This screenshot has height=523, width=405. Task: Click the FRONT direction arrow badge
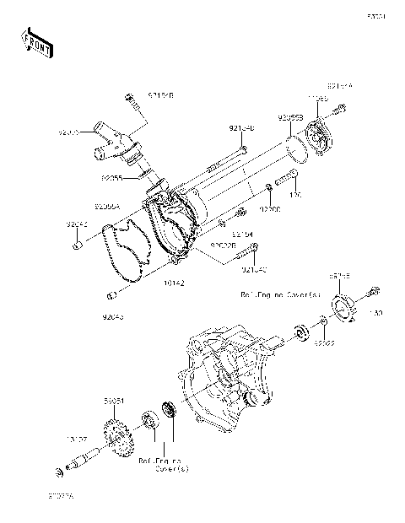[x=37, y=41]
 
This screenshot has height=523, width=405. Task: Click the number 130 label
[x=375, y=313]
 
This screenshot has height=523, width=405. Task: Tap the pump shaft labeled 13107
[x=89, y=459]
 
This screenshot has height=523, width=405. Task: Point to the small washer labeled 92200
[x=267, y=186]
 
